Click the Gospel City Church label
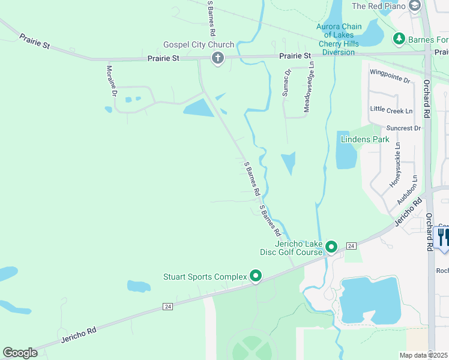[191, 45]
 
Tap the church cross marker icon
[217, 58]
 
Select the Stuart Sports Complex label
[205, 277]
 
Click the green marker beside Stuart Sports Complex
[256, 277]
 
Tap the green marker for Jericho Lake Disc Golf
[331, 247]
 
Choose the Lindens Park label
[365, 139]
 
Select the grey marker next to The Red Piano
[414, 6]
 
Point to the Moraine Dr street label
[111, 81]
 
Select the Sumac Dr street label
[287, 83]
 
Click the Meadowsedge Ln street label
[309, 86]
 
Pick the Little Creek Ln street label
[391, 110]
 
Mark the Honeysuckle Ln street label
[396, 167]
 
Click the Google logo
[20, 353]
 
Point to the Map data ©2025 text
[423, 355]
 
